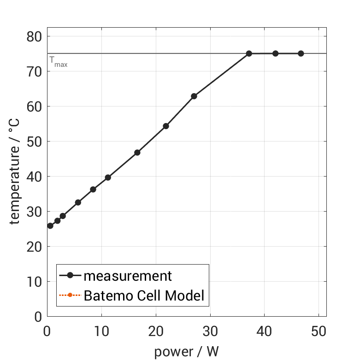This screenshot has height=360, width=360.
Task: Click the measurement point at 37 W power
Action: coord(249,53)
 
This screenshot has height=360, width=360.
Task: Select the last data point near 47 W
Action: coord(301,53)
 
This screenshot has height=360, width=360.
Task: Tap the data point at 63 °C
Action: coord(194,96)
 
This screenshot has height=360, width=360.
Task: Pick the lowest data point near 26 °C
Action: coord(50,226)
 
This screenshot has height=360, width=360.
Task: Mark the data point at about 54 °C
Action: coord(166,126)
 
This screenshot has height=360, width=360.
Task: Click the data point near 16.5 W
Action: coord(137,153)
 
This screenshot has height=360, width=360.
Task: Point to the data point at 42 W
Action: coord(275,53)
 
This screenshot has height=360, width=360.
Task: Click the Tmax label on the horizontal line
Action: coord(59,62)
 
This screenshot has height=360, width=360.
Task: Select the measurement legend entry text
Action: coord(128,276)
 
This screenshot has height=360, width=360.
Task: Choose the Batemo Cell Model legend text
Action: coord(144,295)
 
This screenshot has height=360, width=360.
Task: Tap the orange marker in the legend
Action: coord(70,295)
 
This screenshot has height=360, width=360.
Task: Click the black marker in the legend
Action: coord(70,276)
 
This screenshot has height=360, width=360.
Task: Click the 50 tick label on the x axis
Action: coord(319,331)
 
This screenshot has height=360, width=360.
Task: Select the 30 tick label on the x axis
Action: coord(210,331)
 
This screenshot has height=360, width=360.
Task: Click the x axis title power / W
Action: coord(186,352)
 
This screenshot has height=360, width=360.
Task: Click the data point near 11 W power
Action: coord(108,177)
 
